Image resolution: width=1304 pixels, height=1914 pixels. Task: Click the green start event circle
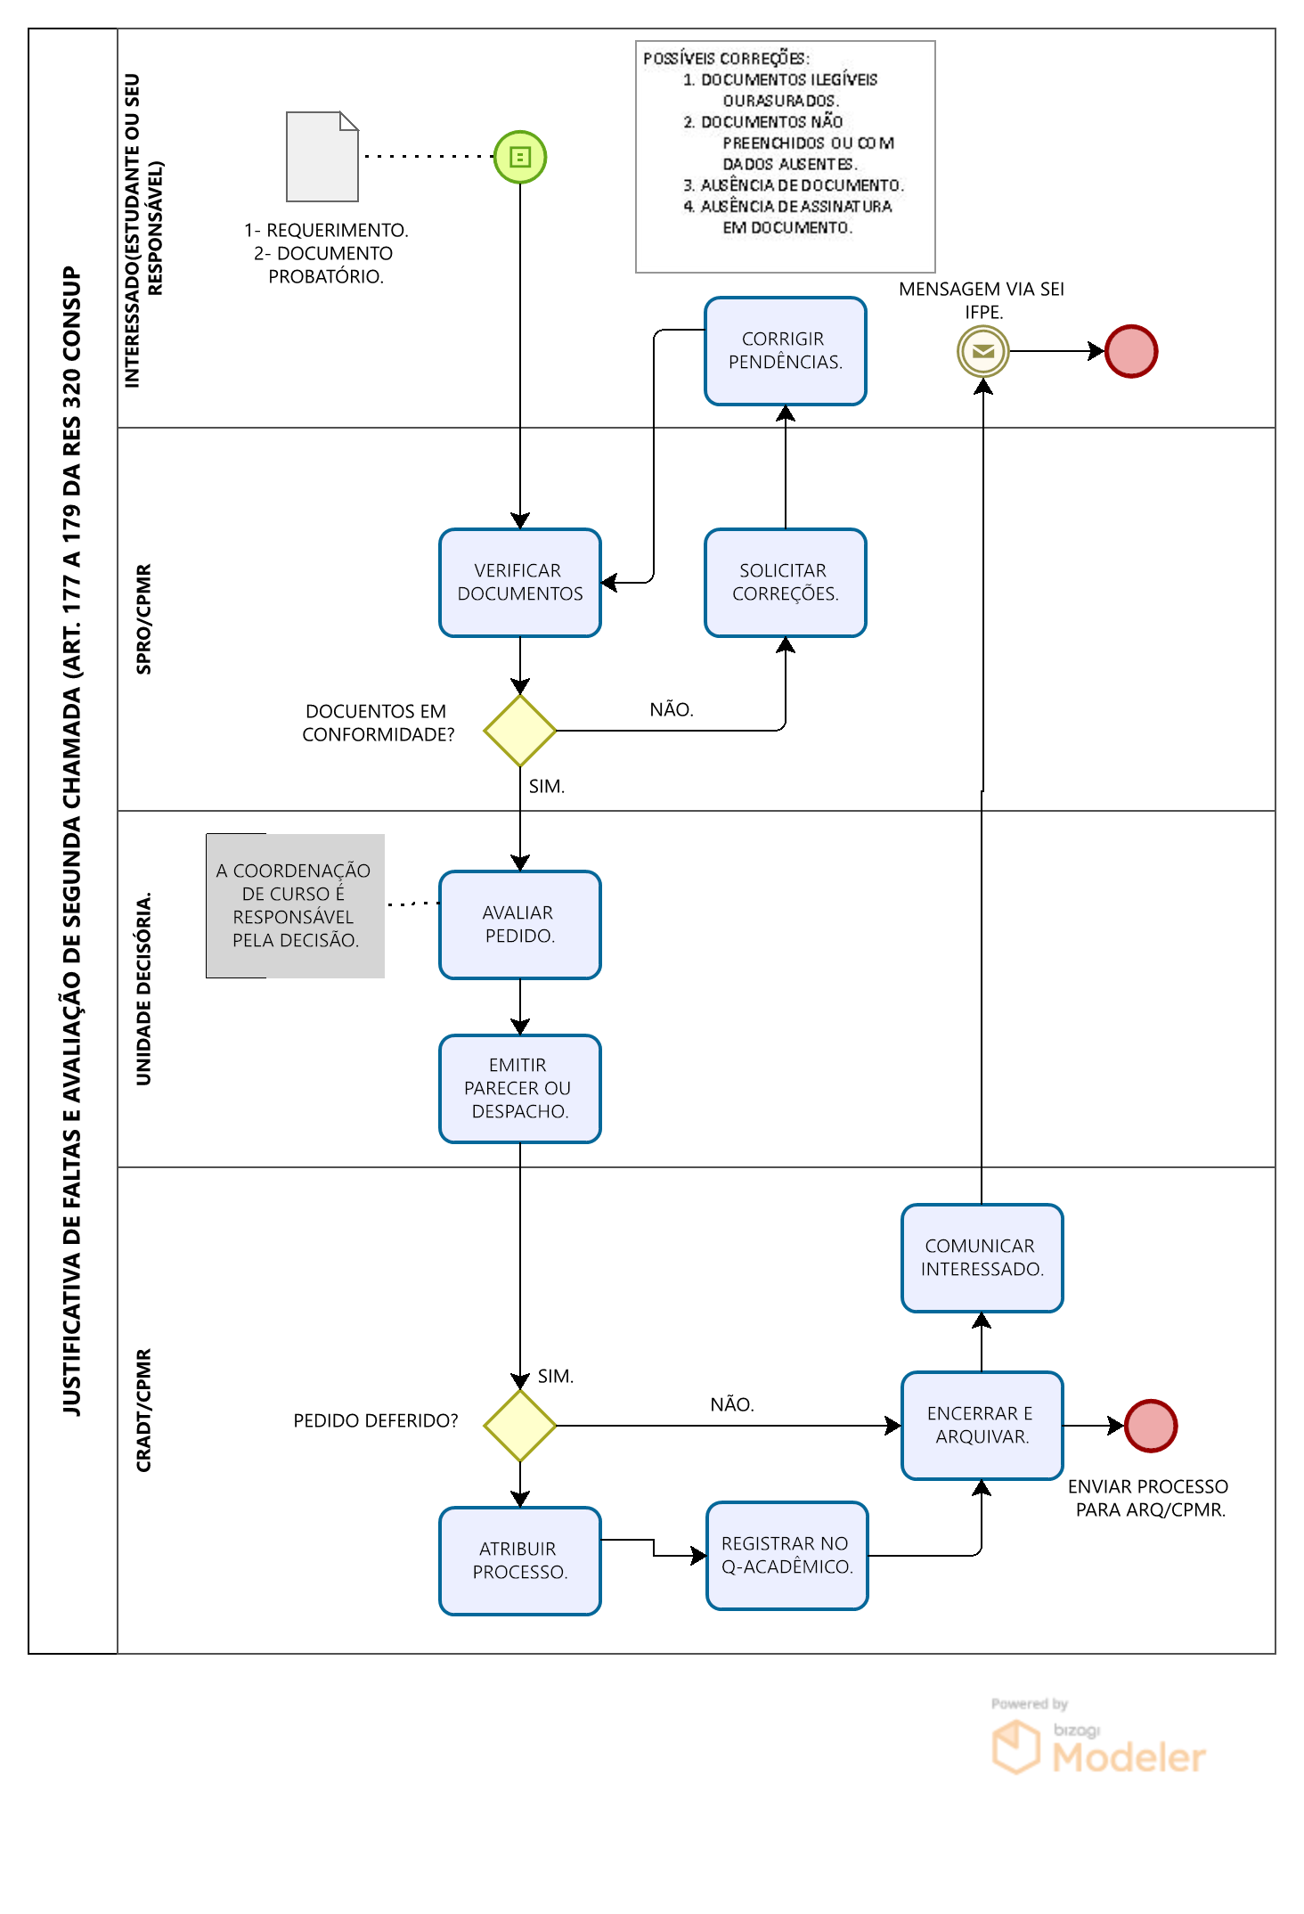point(520,157)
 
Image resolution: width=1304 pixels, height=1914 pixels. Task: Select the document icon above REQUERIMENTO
point(322,157)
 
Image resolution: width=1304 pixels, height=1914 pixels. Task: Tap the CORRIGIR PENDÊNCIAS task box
point(786,351)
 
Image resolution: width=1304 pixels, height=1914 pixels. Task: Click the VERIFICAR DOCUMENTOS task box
point(520,583)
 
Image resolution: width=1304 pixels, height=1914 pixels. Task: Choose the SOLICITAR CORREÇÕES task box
point(786,583)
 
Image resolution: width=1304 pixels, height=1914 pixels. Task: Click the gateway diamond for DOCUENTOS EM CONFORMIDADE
point(520,731)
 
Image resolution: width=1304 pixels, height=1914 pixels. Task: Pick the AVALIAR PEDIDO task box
point(520,925)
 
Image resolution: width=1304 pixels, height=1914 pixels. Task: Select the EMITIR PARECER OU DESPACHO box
point(520,1089)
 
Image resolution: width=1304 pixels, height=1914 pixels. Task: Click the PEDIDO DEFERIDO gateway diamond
point(520,1426)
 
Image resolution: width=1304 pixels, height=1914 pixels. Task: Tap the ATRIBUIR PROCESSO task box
point(520,1561)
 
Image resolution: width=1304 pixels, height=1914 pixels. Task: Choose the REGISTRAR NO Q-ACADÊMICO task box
point(787,1556)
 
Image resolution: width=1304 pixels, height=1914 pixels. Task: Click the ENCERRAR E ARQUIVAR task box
point(982,1426)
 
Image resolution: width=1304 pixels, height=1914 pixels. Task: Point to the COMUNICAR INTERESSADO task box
point(982,1258)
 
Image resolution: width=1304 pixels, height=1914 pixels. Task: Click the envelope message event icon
point(983,351)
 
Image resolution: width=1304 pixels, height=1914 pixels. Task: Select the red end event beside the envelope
point(1131,351)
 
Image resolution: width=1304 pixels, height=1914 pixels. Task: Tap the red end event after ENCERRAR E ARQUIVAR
point(1151,1426)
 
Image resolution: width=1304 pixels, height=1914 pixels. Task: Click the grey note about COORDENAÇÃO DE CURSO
point(296,905)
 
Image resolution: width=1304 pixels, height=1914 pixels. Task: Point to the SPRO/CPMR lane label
point(143,619)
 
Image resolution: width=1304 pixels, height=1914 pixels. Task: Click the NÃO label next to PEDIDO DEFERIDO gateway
point(732,1404)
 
